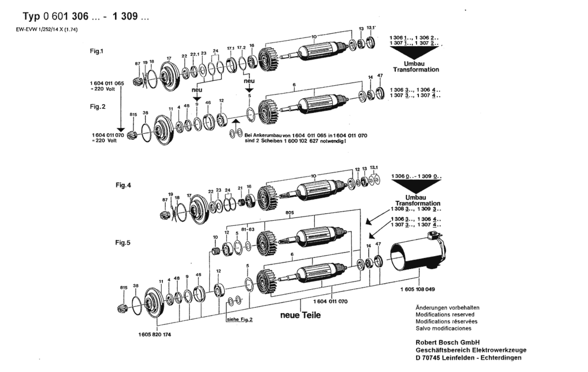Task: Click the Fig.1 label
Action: tap(96, 51)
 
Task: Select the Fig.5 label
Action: tap(123, 243)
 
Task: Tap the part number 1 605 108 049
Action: tap(418, 289)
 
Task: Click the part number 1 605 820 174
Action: tap(155, 335)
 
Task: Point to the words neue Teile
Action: tap(300, 315)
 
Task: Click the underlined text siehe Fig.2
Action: tap(239, 320)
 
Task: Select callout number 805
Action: tap(290, 213)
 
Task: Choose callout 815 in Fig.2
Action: tap(133, 114)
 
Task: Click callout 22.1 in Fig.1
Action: tap(195, 54)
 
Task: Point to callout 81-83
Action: tap(248, 229)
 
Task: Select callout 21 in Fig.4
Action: tap(240, 188)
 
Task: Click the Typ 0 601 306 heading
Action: tap(56, 16)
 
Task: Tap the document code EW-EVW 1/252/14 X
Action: tap(47, 29)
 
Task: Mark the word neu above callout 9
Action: tap(197, 90)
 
